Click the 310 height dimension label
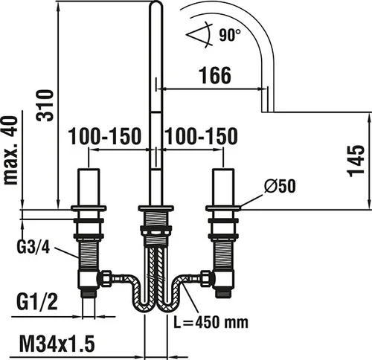[45, 106]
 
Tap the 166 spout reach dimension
[215, 75]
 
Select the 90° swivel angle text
[230, 35]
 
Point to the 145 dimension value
[356, 161]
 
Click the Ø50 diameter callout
[280, 186]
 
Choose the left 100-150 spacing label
[104, 136]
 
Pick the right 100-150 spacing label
[201, 136]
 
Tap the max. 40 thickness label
[11, 150]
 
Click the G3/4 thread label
[33, 247]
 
